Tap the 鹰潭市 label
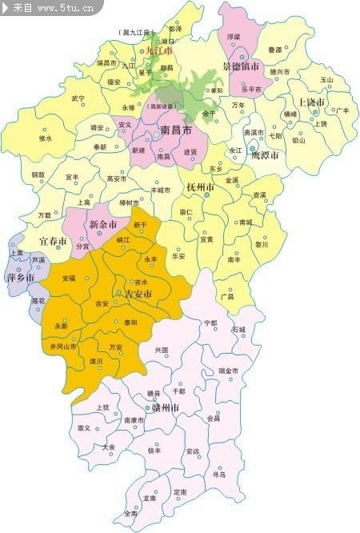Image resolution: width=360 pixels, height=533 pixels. coord(265,154)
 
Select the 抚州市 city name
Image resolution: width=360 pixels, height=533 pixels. coord(200,187)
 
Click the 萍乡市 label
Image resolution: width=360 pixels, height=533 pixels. coord(20,278)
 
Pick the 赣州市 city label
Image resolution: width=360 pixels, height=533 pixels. coord(169,407)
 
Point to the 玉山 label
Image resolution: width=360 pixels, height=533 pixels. coord(326,80)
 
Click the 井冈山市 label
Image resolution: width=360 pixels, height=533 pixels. coord(63,347)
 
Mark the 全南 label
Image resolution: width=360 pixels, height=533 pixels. coord(130,513)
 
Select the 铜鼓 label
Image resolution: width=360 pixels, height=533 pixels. coord(38,174)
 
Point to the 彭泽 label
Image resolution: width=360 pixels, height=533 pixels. coord(175,28)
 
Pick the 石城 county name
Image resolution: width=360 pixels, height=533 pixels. coord(238,329)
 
